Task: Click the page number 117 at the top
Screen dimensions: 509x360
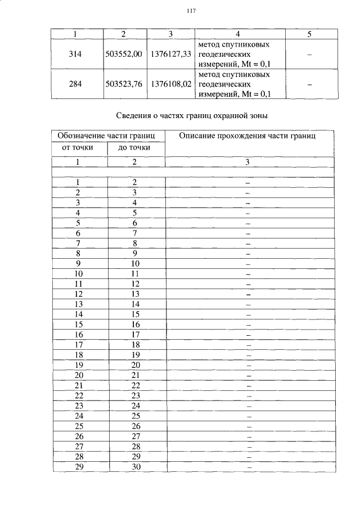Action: (x=190, y=11)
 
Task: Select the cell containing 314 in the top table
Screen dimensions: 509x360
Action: (x=75, y=53)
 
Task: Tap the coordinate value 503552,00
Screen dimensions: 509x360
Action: (x=124, y=53)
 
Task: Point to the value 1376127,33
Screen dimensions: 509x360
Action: (x=171, y=53)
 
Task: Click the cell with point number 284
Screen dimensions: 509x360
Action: (x=75, y=84)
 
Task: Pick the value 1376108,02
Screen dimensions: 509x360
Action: (x=171, y=84)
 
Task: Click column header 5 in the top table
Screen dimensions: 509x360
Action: (x=309, y=34)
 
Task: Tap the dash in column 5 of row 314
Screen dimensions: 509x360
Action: (x=309, y=54)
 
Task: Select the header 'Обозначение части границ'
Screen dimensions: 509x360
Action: (x=108, y=136)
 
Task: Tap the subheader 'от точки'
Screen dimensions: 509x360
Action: (x=80, y=148)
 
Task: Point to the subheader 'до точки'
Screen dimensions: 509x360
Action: (x=134, y=148)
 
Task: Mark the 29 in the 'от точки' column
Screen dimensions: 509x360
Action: (x=79, y=467)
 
